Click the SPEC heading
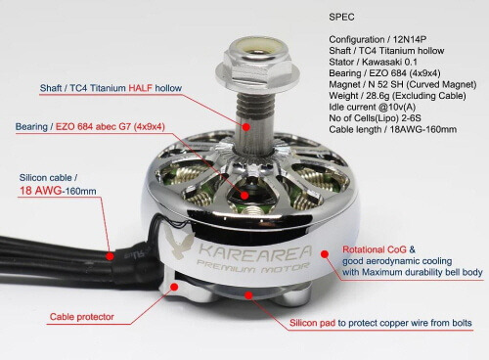[x=341, y=17]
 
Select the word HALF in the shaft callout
[x=140, y=88]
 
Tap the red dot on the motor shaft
[x=246, y=126]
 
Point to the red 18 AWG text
[x=40, y=191]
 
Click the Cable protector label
[x=82, y=317]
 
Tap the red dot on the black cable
[x=111, y=256]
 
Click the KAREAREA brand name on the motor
[x=255, y=253]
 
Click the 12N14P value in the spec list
[x=410, y=39]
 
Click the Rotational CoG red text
[x=375, y=249]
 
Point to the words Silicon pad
[x=312, y=323]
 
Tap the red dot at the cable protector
[x=174, y=287]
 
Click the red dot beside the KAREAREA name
[x=324, y=254]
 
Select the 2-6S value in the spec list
[x=411, y=118]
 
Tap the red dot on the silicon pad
[x=248, y=295]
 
